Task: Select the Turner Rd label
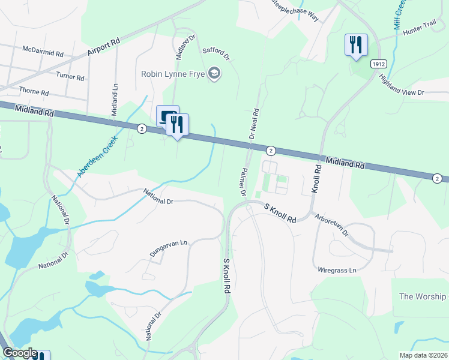coord(70,77)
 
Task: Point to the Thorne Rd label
coord(34,92)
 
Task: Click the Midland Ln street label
coord(115,100)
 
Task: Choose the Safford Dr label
coord(217,54)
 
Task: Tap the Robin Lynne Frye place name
coord(172,74)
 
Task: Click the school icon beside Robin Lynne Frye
coord(213,74)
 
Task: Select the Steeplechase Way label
coord(294,11)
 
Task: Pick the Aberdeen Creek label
coord(97,156)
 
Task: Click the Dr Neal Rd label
coord(254,123)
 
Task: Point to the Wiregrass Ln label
coord(337,271)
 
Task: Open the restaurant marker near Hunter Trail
coord(356,44)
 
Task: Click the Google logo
coord(20,353)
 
